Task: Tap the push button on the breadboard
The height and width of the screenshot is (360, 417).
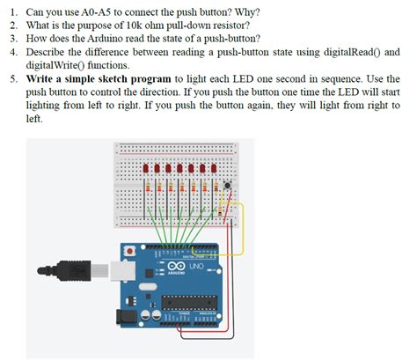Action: coord(228,185)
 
